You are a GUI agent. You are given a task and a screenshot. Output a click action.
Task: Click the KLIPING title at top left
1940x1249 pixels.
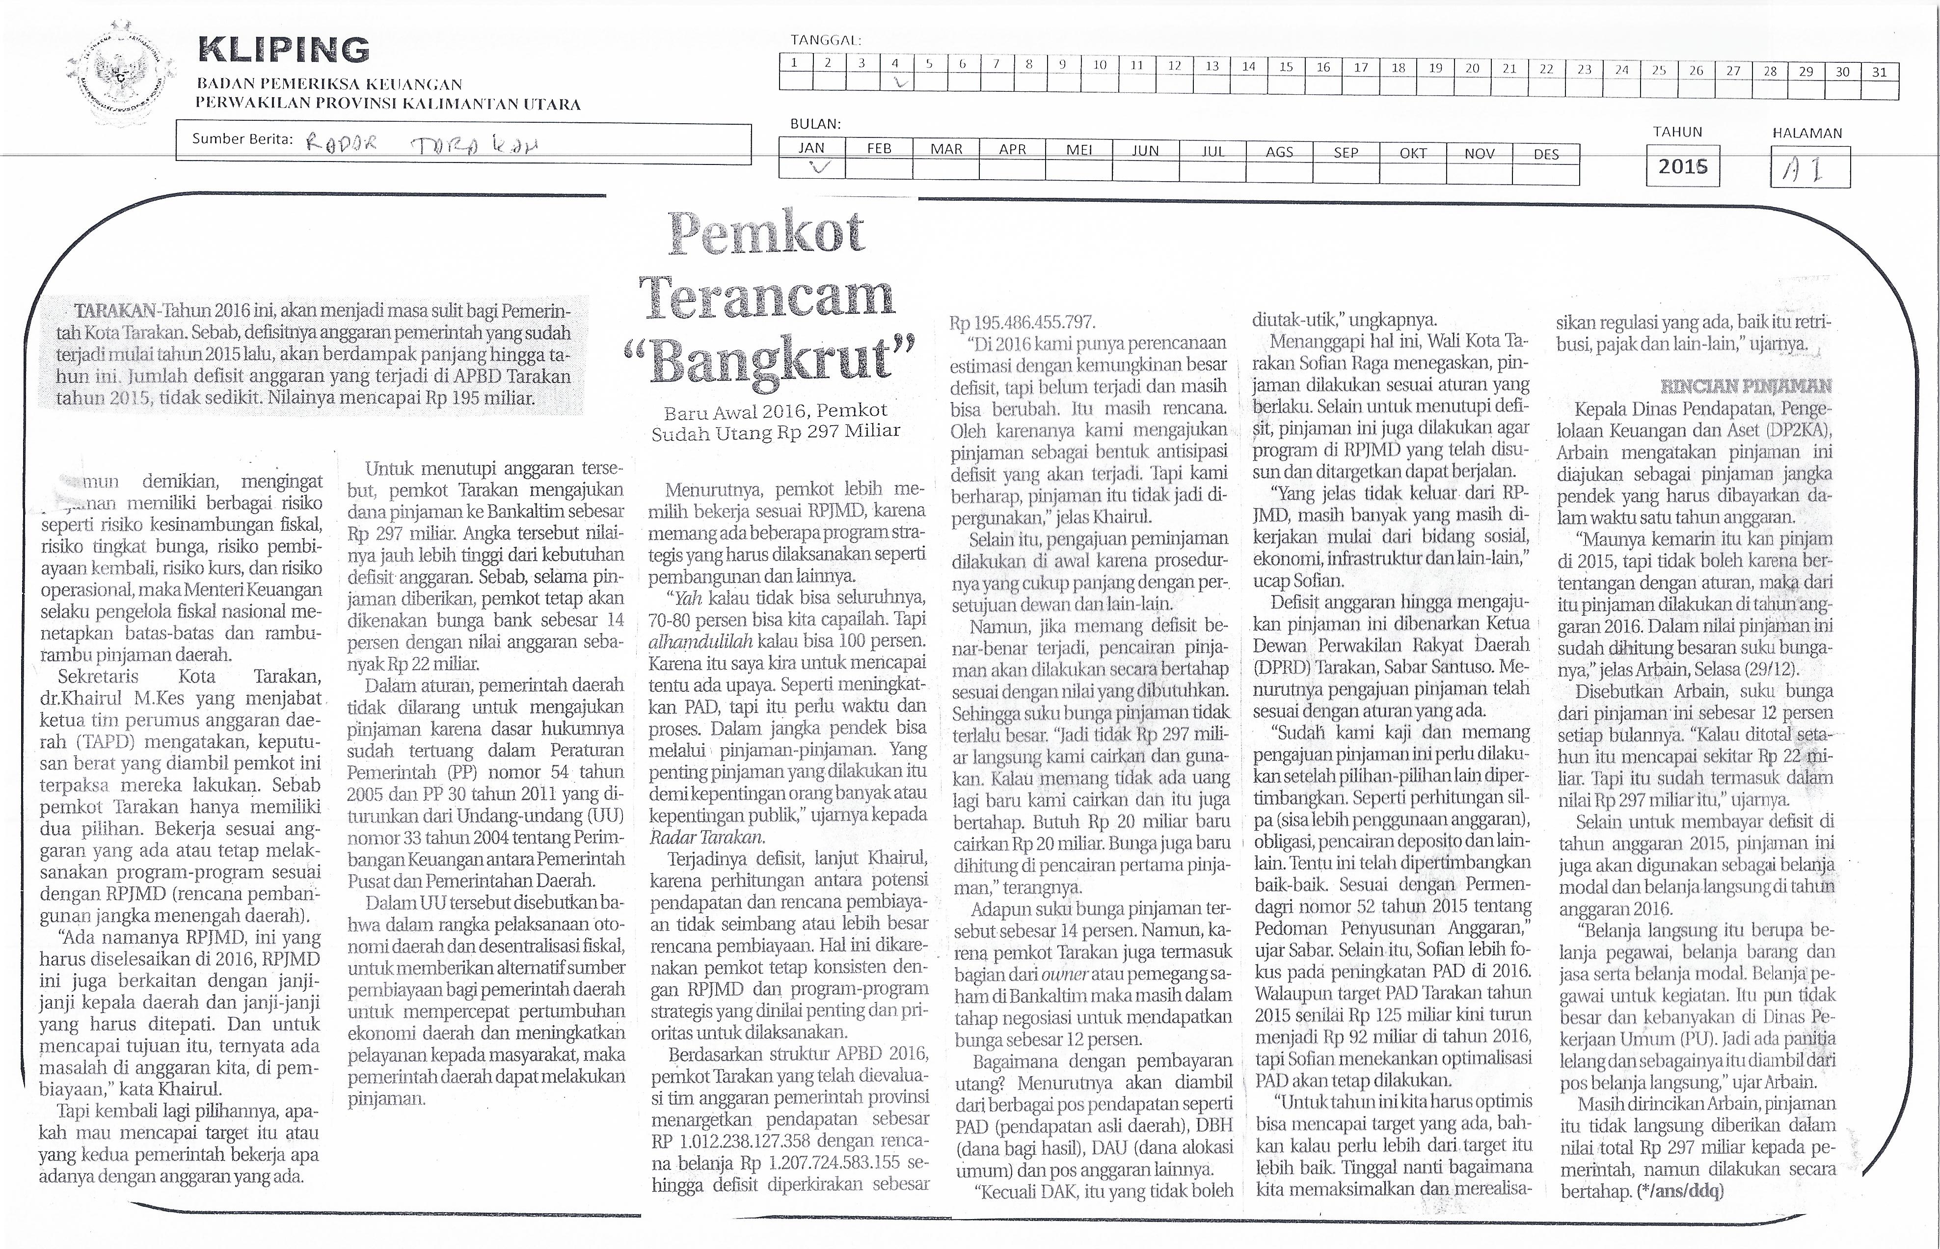point(284,50)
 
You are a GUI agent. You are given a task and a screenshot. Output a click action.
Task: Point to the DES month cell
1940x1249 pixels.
point(1546,153)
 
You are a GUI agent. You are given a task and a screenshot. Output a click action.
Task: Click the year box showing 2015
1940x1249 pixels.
point(1682,166)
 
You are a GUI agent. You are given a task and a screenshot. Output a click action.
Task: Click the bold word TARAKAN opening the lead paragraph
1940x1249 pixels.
point(115,311)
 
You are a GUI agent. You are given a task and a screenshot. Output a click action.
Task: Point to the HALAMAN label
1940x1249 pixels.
point(1807,133)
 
